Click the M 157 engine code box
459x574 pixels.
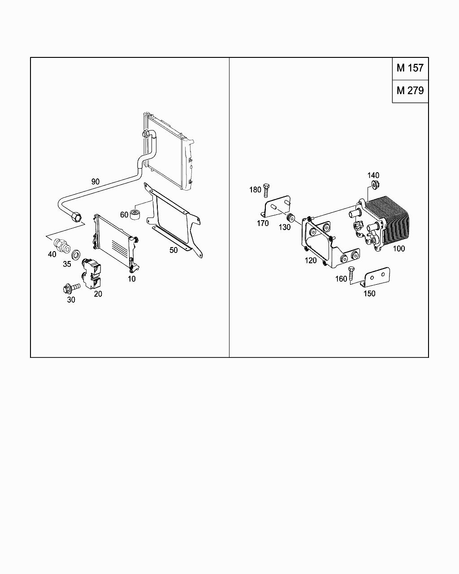(410, 68)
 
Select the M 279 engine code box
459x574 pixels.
(410, 91)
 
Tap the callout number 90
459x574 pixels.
(95, 182)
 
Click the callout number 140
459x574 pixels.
(373, 175)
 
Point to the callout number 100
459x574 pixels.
(398, 248)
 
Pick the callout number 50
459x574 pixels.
(173, 250)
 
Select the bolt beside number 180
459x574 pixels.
(266, 190)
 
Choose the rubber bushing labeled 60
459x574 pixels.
(135, 214)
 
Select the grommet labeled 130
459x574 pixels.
(291, 218)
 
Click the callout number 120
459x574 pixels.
(311, 261)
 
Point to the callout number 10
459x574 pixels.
(131, 278)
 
